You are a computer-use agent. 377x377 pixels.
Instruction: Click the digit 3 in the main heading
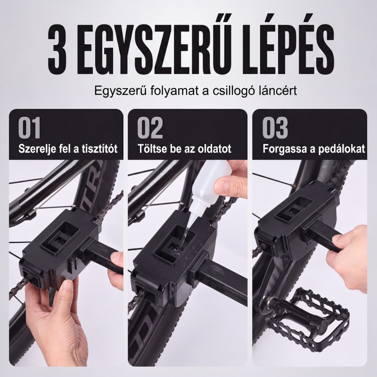[x=57, y=49]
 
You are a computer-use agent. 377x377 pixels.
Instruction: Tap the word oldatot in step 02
[x=214, y=148]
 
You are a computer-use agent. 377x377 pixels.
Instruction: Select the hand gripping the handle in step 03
[x=352, y=255]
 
